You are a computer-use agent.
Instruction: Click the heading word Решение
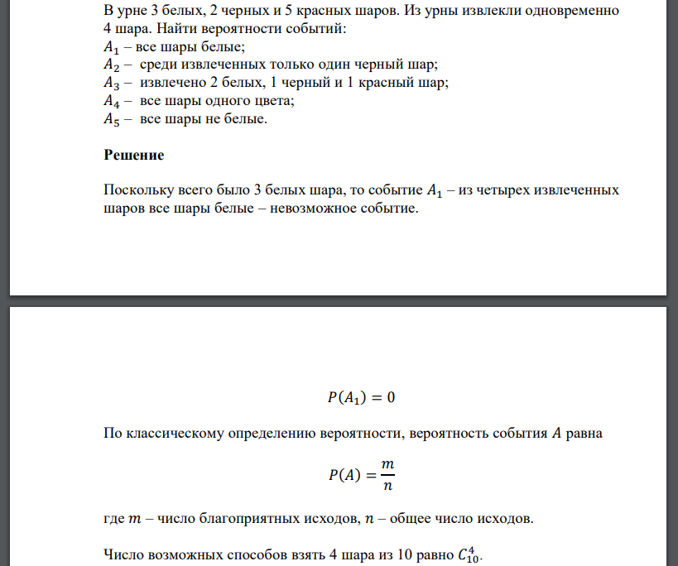pyautogui.click(x=134, y=155)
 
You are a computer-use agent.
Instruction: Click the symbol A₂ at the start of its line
pyautogui.click(x=112, y=65)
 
